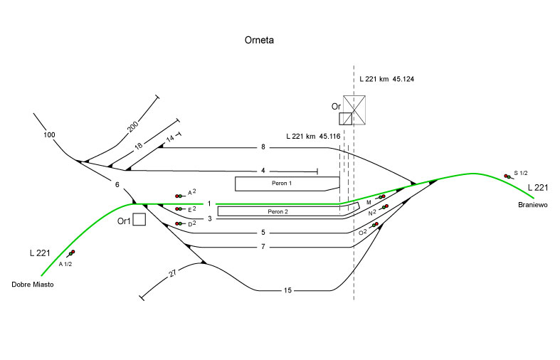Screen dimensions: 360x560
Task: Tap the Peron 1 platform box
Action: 282,184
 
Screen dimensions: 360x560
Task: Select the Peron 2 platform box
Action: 278,211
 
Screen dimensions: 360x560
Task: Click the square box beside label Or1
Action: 139,219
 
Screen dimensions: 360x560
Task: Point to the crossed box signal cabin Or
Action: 354,110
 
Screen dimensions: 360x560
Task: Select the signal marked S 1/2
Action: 506,176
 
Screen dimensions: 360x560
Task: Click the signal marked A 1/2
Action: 71,253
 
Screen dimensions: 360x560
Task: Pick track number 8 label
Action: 263,147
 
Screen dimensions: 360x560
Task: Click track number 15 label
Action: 287,290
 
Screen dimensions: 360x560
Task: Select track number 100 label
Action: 48,134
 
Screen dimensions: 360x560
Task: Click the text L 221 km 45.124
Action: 386,78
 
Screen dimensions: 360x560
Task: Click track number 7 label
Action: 263,246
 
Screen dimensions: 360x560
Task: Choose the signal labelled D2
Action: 178,223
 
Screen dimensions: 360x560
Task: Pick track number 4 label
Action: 263,171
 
